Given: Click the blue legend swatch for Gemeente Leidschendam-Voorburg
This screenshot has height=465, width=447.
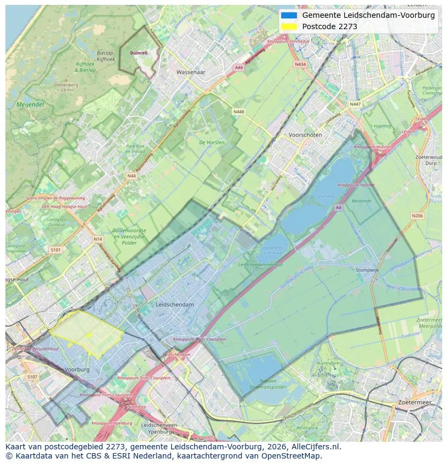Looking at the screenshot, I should click(289, 15).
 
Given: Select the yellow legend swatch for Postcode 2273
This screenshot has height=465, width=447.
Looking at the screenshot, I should click(289, 26).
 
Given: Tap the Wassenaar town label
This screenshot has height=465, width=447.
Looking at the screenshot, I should click(191, 72).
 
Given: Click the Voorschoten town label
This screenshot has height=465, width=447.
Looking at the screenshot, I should click(305, 135).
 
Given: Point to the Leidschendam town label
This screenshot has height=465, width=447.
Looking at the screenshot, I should click(174, 305).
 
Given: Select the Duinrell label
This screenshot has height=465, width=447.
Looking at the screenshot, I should click(139, 53).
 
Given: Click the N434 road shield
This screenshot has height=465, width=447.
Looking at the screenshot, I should click(300, 64).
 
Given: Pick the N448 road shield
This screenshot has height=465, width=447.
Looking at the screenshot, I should click(238, 112).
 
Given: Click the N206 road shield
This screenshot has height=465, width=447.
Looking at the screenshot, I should click(417, 216).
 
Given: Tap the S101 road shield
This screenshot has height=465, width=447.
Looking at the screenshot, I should click(56, 250).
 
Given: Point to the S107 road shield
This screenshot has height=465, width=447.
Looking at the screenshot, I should click(32, 377).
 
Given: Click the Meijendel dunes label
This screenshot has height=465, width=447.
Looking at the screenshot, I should click(30, 105).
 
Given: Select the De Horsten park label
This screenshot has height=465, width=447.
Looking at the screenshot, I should click(212, 143).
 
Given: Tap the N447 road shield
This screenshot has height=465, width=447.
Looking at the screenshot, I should click(355, 104).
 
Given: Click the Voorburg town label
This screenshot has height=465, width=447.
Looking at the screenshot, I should click(76, 369).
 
